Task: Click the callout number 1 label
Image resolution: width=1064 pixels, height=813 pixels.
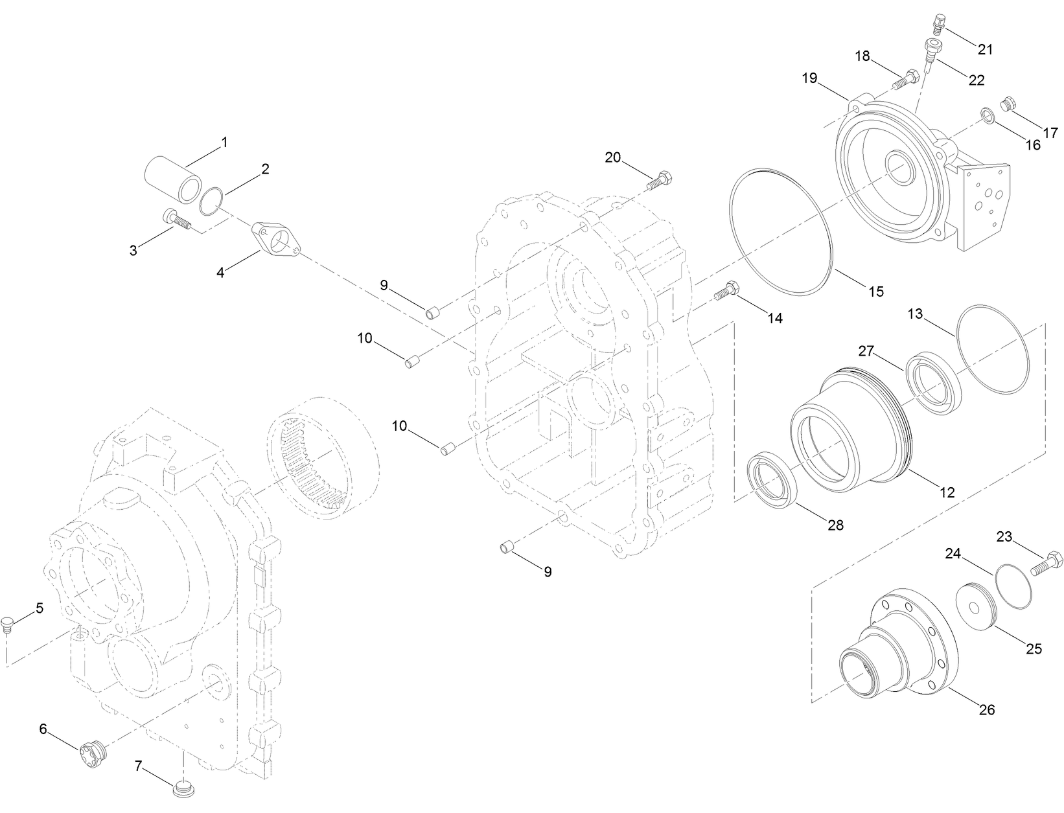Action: tap(224, 141)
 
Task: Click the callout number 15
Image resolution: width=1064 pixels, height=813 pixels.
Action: tap(875, 292)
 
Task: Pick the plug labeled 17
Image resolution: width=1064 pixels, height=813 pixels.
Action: tap(1008, 104)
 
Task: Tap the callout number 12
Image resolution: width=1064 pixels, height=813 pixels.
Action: tap(947, 493)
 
